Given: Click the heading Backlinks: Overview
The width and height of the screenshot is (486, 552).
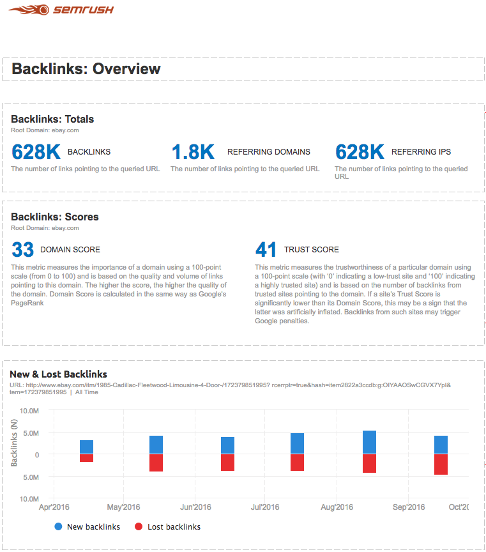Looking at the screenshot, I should (x=86, y=69).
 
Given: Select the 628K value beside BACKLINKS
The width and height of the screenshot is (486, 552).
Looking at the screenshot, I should (x=36, y=152).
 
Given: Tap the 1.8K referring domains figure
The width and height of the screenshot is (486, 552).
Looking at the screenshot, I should (x=193, y=152).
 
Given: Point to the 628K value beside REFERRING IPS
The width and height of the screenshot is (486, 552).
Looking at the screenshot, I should (x=360, y=152).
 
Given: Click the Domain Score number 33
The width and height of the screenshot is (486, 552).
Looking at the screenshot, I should (x=22, y=249).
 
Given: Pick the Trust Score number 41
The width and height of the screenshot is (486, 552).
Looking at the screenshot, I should (x=266, y=249).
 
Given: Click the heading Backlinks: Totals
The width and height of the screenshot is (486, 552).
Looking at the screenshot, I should (x=52, y=119).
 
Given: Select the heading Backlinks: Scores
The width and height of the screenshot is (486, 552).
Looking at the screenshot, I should (x=55, y=217).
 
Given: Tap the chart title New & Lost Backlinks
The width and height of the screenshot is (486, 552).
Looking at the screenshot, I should (x=58, y=374).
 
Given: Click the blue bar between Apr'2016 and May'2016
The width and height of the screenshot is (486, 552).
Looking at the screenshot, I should (x=86, y=447).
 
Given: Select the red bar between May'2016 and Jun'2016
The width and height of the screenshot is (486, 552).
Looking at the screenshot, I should (x=156, y=463).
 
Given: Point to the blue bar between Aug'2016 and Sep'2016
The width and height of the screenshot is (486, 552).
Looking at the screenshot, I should (x=369, y=442).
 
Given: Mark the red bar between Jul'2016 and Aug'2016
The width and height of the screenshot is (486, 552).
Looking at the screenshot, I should (x=297, y=462).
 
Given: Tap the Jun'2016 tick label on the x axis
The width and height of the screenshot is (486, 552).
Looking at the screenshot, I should (x=195, y=507).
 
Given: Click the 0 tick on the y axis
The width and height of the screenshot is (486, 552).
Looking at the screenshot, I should (x=37, y=454).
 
